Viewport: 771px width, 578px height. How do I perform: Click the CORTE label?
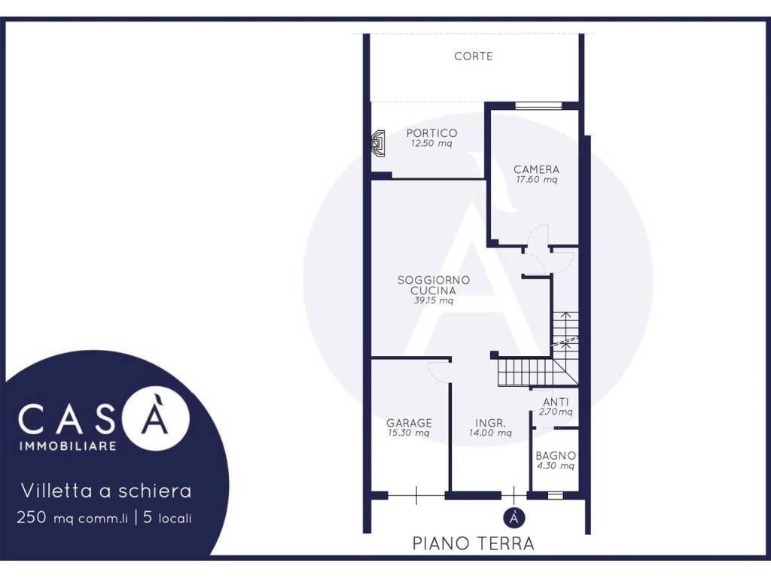tap(473, 56)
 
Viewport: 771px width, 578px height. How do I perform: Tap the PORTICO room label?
tap(431, 132)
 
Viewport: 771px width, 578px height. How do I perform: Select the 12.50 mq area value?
tap(431, 144)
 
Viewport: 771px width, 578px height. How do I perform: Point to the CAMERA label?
tap(536, 169)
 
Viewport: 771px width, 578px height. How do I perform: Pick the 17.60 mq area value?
tap(536, 179)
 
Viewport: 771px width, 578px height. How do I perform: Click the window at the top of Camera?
tap(538, 105)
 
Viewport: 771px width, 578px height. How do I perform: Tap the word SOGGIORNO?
tap(433, 280)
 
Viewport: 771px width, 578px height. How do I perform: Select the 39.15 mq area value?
tap(433, 300)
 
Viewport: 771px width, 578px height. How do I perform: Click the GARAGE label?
tap(409, 423)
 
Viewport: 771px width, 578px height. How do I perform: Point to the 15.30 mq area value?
tap(409, 433)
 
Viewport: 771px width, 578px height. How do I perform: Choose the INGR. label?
tap(490, 423)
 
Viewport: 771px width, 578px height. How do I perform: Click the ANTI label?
tap(556, 402)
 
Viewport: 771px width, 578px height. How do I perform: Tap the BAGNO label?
tap(556, 455)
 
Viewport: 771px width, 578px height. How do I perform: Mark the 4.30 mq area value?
tap(556, 466)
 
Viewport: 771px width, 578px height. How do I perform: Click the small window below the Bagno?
tap(555, 495)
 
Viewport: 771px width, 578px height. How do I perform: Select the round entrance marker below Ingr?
tap(514, 518)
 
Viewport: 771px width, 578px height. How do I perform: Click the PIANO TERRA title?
tap(473, 543)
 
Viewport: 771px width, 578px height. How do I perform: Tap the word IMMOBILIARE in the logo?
tap(68, 446)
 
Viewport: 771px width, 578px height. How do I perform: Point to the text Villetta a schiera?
tap(106, 491)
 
